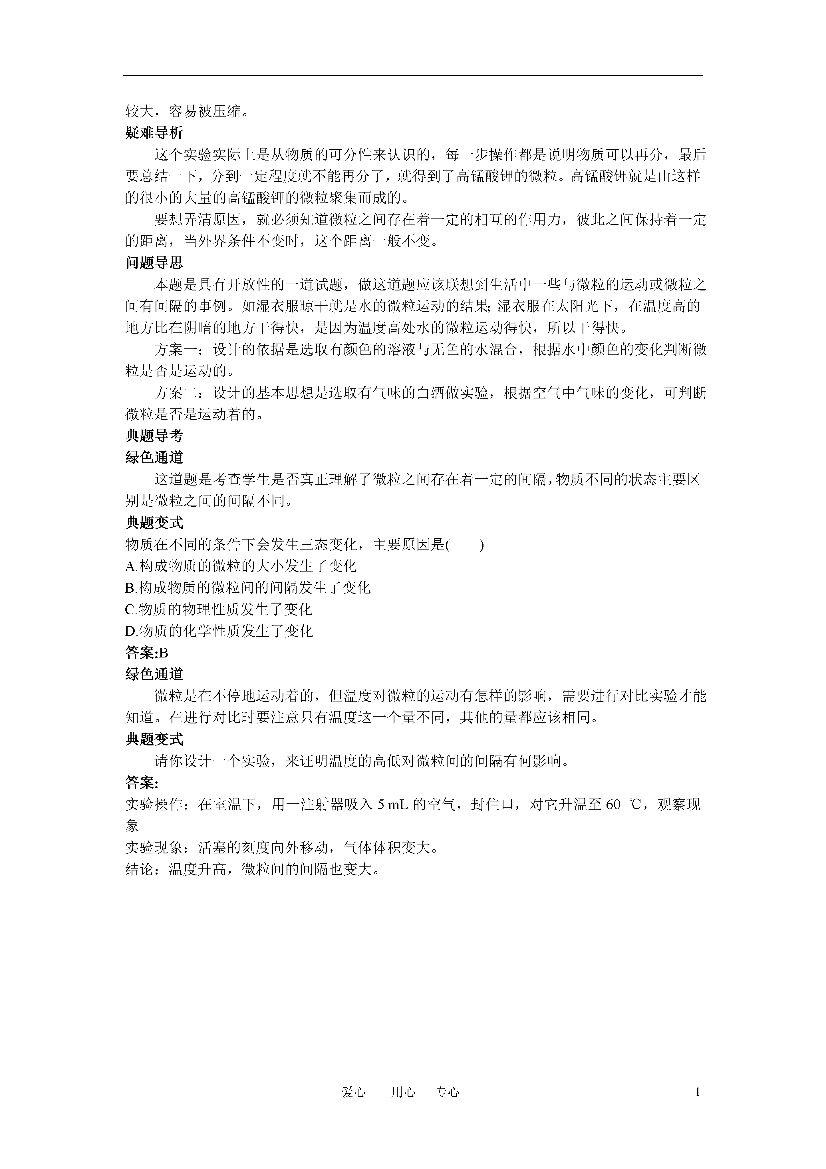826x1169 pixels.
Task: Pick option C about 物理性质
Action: click(218, 609)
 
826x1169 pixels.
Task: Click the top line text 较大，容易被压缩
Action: click(187, 111)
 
